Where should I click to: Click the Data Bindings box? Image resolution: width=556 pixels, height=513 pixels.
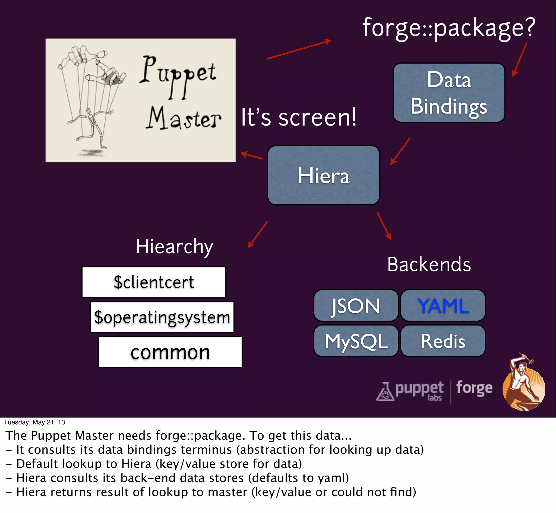pos(449,93)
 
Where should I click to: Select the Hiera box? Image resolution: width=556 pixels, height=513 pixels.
pos(323,176)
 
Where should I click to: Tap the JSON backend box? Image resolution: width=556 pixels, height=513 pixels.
pos(356,306)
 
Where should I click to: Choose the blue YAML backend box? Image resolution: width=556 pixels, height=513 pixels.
pos(443,306)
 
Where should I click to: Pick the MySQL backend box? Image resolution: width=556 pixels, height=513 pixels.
pos(356,341)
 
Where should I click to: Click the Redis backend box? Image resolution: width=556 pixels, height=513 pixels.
pos(443,341)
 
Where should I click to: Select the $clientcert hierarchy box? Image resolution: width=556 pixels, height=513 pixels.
pos(154,282)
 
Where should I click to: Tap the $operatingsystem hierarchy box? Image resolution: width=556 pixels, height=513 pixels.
pos(162,317)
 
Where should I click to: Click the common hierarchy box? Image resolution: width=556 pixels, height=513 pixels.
pos(170,352)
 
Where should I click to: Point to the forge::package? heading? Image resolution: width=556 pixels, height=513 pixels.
pos(449,28)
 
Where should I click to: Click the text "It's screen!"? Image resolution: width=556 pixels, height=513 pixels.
pos(298,117)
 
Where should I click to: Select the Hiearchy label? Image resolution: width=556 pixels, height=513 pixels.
pos(174,246)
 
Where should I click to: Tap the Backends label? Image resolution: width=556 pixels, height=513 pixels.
pos(429,264)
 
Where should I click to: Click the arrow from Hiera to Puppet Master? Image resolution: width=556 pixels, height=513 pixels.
pos(251,155)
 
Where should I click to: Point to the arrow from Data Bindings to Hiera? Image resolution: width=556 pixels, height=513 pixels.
pos(400,151)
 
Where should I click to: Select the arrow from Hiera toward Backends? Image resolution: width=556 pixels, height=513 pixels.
pos(384,226)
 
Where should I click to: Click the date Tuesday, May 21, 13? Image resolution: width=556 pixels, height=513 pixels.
pos(34,422)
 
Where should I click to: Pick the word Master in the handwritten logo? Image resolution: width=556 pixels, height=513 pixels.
pos(184,119)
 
